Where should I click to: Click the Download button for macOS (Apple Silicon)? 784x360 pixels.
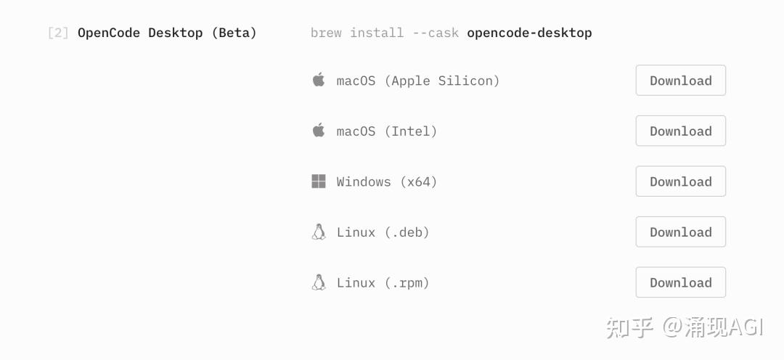[x=680, y=80]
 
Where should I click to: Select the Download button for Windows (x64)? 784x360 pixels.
[x=680, y=181]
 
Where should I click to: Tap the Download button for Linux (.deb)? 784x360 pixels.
[x=680, y=232]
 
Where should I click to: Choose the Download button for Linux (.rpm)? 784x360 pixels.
[x=680, y=282]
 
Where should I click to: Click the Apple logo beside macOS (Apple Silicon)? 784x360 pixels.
[x=319, y=80]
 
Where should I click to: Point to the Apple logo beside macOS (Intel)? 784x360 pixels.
[x=319, y=130]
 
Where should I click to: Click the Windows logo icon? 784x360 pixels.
[x=319, y=181]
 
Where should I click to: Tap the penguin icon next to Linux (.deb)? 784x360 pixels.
[x=319, y=232]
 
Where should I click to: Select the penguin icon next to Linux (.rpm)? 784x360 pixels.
[x=319, y=282]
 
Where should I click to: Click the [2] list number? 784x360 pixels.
[x=58, y=33]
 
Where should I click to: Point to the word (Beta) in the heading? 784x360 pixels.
[x=234, y=33]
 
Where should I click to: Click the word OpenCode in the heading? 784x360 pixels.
[x=108, y=33]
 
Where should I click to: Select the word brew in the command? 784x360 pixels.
[x=326, y=33]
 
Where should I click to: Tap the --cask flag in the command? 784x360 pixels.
[x=436, y=33]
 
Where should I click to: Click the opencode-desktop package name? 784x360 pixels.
[x=529, y=33]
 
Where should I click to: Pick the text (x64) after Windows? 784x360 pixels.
[x=419, y=181]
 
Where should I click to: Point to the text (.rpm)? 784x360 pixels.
[x=407, y=282]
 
